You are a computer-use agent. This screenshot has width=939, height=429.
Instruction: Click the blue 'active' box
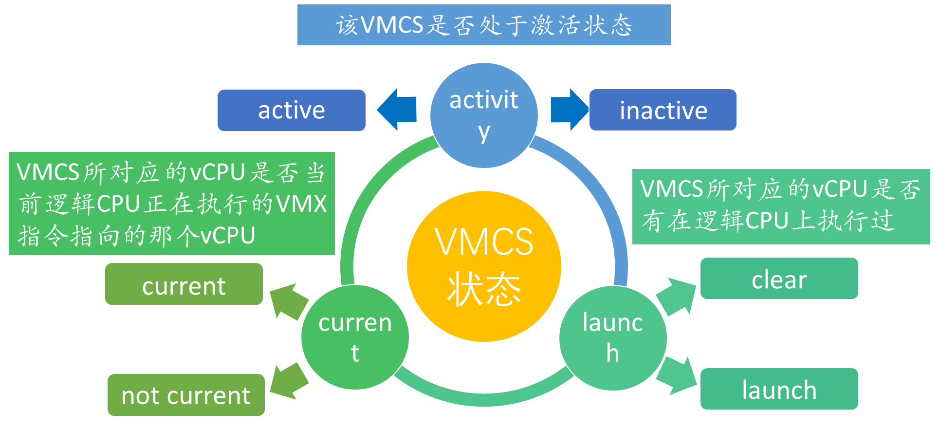click(x=291, y=110)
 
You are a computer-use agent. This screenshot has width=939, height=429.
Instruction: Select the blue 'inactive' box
click(x=663, y=110)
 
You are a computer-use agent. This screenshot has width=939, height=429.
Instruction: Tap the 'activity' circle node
click(x=484, y=115)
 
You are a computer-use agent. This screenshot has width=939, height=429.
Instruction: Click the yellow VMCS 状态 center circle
click(x=484, y=266)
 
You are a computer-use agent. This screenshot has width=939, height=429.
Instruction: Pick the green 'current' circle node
click(x=355, y=337)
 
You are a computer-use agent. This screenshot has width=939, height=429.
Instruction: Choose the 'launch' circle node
click(x=612, y=338)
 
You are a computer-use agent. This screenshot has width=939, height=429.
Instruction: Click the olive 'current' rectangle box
click(x=184, y=284)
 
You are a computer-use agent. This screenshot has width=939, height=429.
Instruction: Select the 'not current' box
click(x=186, y=395)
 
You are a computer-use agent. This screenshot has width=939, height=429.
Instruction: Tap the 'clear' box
click(x=779, y=279)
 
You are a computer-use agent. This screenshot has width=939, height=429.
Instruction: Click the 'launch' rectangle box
click(x=779, y=389)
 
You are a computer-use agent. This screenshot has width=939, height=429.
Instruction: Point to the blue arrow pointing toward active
click(x=396, y=110)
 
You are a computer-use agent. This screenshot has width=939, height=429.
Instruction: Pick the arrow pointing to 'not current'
click(x=289, y=381)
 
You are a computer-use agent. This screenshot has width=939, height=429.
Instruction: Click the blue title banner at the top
click(x=484, y=25)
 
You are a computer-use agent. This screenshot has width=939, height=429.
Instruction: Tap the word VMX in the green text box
click(x=302, y=204)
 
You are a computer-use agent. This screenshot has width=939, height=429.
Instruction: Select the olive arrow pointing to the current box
click(x=289, y=301)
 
